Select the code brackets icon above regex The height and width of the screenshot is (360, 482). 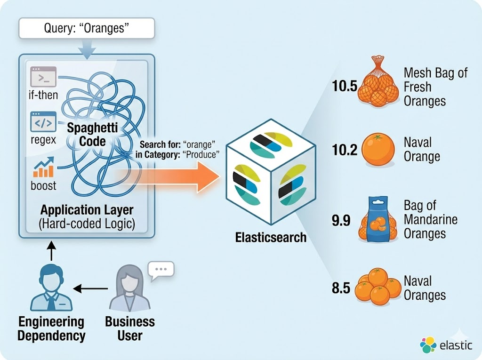[43, 121]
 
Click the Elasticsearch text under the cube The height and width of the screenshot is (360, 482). [271, 237]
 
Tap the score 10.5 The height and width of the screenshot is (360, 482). [345, 87]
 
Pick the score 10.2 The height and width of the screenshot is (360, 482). [345, 150]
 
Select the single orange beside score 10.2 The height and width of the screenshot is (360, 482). [378, 149]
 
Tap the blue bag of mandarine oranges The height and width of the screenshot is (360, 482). [378, 220]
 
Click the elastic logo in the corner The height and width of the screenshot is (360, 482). [446, 345]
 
